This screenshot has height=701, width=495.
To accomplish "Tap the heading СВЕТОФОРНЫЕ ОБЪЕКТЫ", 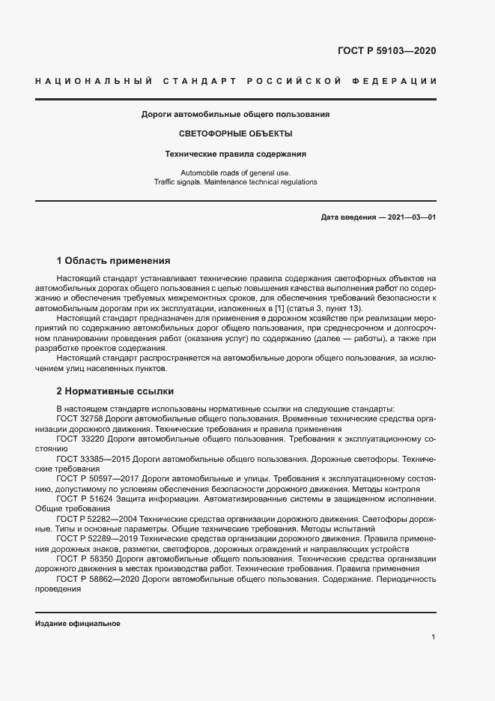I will pyautogui.click(x=236, y=134).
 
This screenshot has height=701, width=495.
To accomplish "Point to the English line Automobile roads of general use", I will pyautogui.click(x=235, y=172).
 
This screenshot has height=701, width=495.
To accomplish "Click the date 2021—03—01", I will pyautogui.click(x=412, y=217).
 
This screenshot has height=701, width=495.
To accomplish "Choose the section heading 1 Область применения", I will pyautogui.click(x=114, y=262).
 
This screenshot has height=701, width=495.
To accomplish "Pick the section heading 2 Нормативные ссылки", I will pyautogui.click(x=115, y=391).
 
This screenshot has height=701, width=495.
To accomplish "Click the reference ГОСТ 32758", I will pyautogui.click(x=80, y=418).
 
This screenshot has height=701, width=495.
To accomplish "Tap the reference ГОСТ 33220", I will pyautogui.click(x=80, y=437).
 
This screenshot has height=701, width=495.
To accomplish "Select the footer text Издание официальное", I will pyautogui.click(x=78, y=624).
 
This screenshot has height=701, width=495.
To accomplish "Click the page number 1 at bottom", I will pyautogui.click(x=434, y=637).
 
